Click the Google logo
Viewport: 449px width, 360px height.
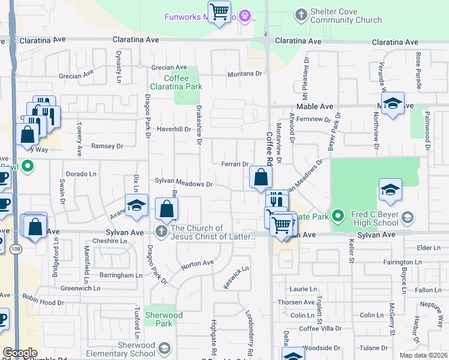point(20,353)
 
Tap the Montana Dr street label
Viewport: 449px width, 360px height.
point(245,74)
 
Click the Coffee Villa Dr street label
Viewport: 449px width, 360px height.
point(320,328)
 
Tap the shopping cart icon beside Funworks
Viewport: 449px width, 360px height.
point(219,10)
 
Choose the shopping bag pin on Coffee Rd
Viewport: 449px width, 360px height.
point(261,177)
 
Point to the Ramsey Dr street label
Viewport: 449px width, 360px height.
point(107,146)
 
